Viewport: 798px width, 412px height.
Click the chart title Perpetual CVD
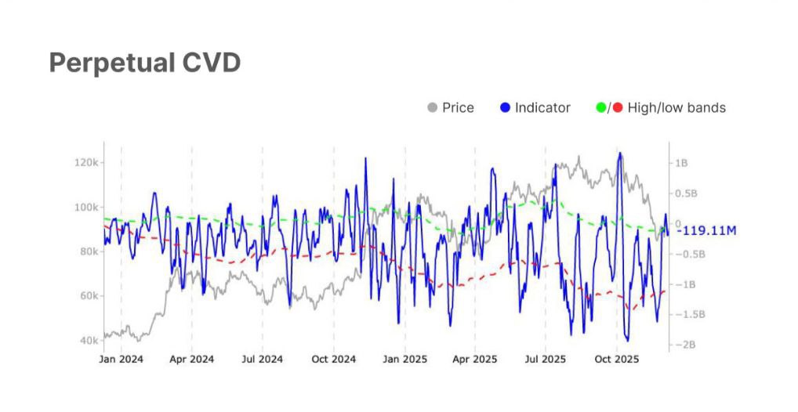click(x=144, y=63)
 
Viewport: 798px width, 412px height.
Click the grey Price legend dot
click(x=432, y=107)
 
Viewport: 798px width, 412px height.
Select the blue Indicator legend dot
click(x=505, y=107)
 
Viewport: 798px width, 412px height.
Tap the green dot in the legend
click(x=601, y=107)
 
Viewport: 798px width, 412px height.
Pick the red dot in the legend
click(x=617, y=107)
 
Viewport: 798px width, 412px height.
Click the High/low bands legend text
click(x=676, y=107)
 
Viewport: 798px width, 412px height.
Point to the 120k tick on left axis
click(x=85, y=163)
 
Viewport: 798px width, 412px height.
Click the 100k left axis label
click(x=85, y=208)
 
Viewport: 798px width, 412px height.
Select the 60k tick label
click(x=88, y=296)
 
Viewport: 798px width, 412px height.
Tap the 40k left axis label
click(x=88, y=341)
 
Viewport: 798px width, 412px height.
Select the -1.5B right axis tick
click(x=687, y=314)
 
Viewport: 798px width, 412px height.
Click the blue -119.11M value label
click(x=708, y=231)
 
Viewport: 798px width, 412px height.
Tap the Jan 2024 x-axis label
click(x=121, y=360)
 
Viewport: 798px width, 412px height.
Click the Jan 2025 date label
click(x=404, y=360)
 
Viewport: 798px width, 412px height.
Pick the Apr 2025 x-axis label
click(x=475, y=360)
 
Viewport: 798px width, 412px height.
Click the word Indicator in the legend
click(x=542, y=107)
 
